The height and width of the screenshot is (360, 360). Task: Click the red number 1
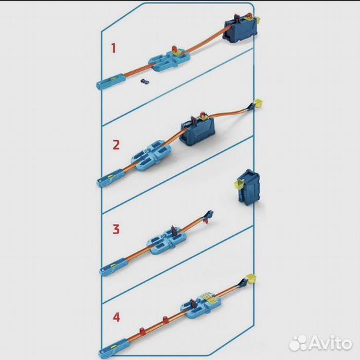point(113,48)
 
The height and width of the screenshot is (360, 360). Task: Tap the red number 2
point(116,145)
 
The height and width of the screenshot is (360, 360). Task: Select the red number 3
point(116,229)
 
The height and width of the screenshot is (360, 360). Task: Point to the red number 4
point(117,317)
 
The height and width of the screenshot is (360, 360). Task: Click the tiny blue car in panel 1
point(145,81)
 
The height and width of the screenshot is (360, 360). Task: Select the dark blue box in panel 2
point(198,130)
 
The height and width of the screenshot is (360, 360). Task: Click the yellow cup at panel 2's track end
point(258,103)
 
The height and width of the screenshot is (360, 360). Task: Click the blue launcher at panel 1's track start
point(111,81)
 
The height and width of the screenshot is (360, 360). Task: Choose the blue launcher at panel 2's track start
point(111,178)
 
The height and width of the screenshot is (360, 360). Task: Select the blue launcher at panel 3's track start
point(113,267)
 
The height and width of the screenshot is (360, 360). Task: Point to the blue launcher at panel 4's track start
point(113,349)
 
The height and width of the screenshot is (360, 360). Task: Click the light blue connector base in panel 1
point(169,60)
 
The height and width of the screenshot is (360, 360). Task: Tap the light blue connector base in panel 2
point(151,155)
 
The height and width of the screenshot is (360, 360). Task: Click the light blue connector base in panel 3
point(167,241)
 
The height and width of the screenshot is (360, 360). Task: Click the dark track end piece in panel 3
point(209,216)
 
